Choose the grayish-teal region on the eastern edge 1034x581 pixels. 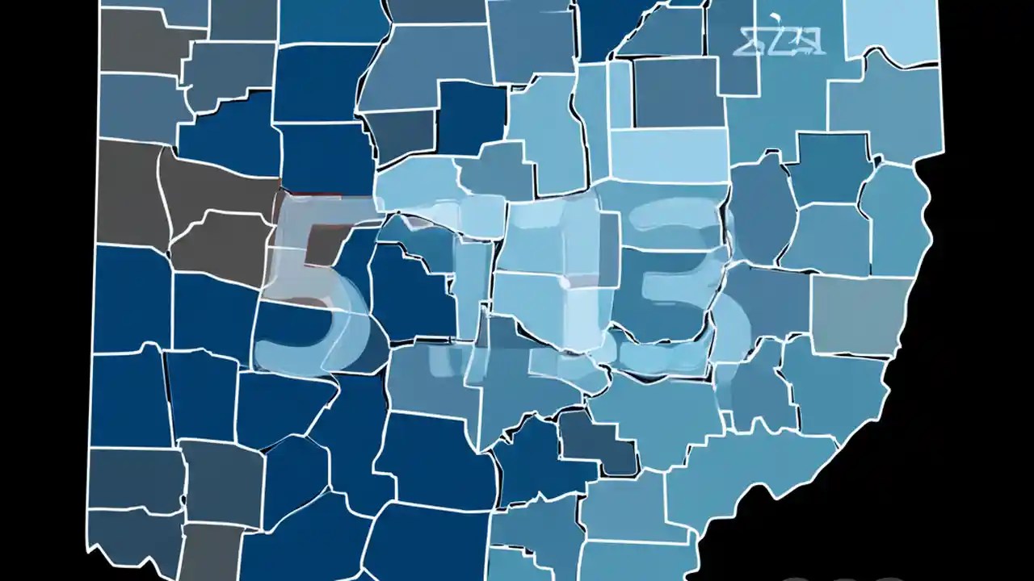click(860, 315)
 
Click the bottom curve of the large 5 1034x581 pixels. click(307, 355)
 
